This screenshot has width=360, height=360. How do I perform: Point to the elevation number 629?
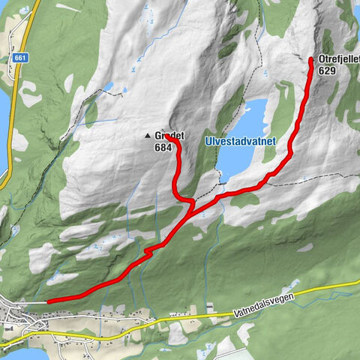[x=327, y=70]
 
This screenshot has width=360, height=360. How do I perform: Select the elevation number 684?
[x=163, y=148]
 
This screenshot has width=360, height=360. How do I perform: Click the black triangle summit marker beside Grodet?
[x=148, y=136]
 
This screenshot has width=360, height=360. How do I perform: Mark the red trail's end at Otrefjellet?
[x=311, y=58]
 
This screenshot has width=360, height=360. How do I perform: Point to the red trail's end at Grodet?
[x=166, y=136]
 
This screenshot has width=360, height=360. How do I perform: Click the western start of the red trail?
[x=49, y=301]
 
